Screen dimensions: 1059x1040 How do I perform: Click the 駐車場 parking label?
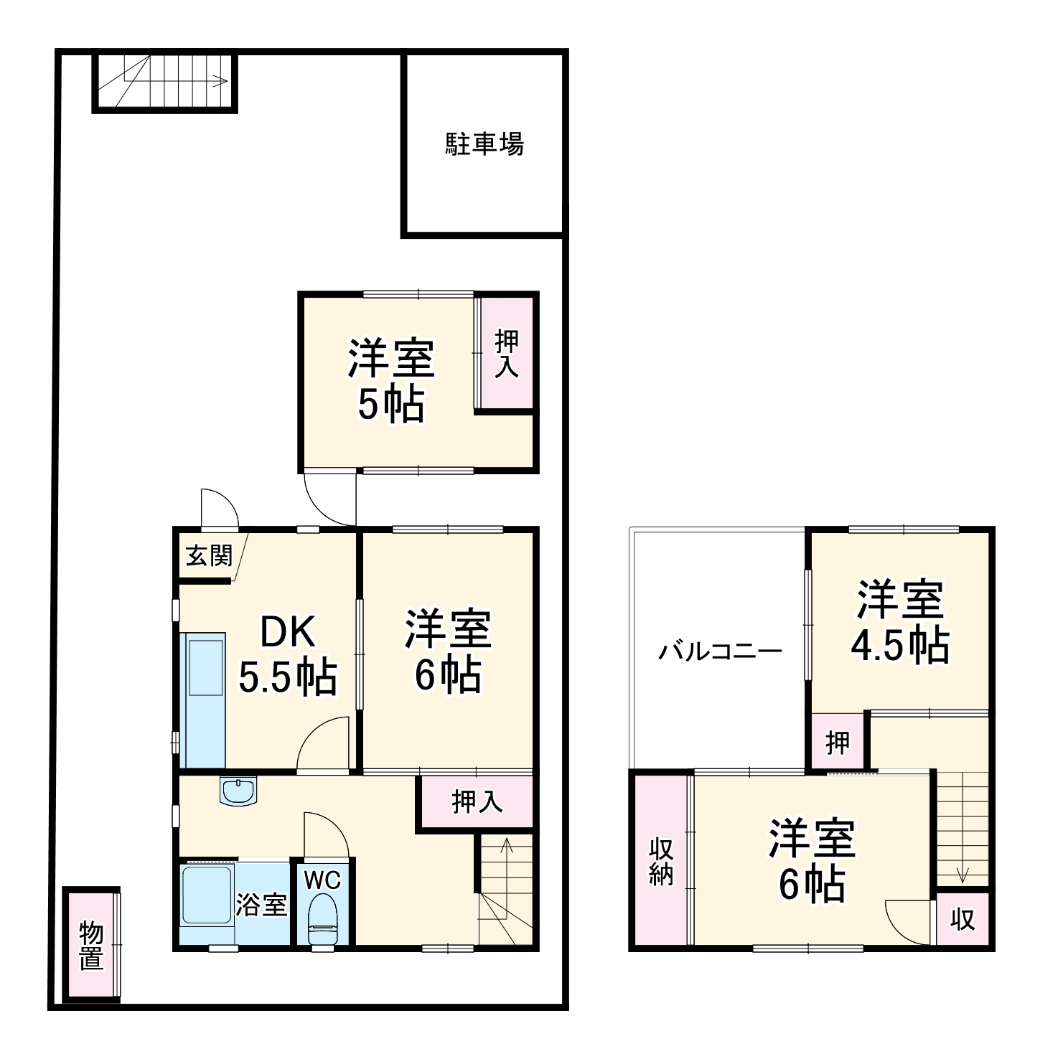(485, 144)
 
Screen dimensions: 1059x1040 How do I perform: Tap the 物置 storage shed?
(91, 946)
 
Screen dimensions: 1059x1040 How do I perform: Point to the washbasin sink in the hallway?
(238, 792)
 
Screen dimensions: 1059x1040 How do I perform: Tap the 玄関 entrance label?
(209, 555)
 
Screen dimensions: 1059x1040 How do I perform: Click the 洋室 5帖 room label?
(391, 380)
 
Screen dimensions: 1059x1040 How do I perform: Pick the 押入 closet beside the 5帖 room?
(507, 354)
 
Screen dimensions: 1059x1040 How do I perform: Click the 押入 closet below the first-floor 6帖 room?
(477, 801)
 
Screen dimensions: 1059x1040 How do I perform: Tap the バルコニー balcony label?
(721, 651)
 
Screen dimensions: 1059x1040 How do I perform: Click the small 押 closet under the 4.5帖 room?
(838, 743)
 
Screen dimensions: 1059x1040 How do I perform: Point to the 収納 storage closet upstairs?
(661, 861)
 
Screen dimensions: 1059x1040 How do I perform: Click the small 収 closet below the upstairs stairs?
(962, 919)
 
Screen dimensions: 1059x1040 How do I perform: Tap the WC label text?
(322, 880)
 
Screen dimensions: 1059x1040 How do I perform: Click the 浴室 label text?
(261, 905)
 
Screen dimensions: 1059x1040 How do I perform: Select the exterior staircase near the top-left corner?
(165, 82)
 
